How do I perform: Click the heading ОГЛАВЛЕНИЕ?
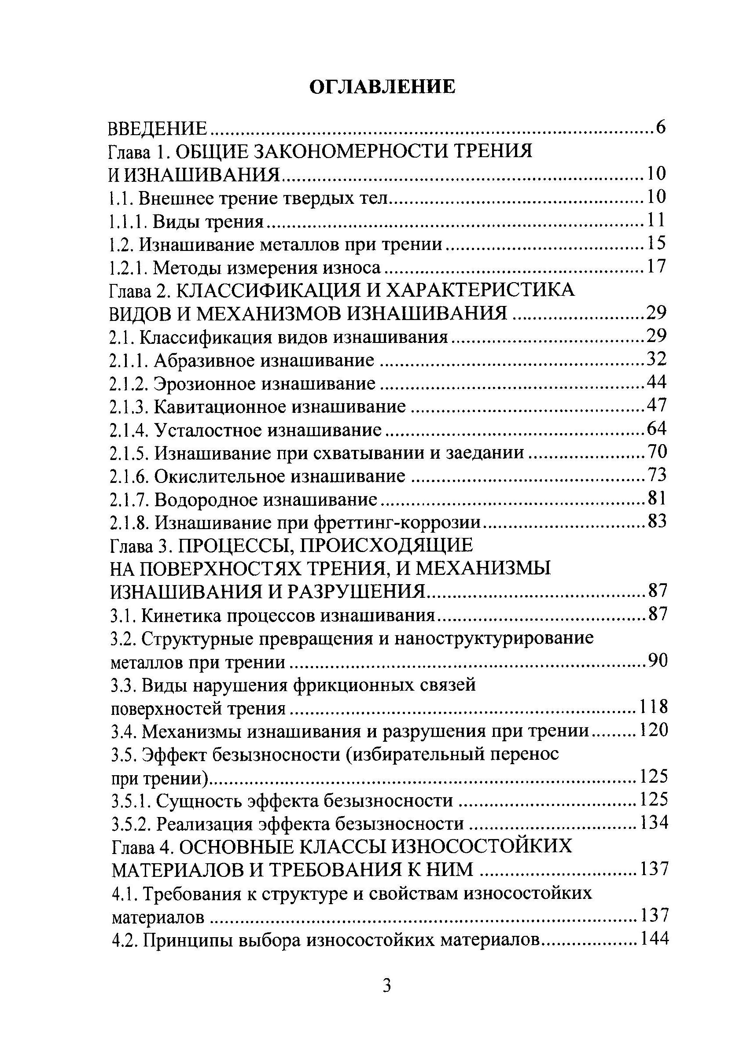tap(382, 86)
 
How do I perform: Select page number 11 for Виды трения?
tap(655, 221)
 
